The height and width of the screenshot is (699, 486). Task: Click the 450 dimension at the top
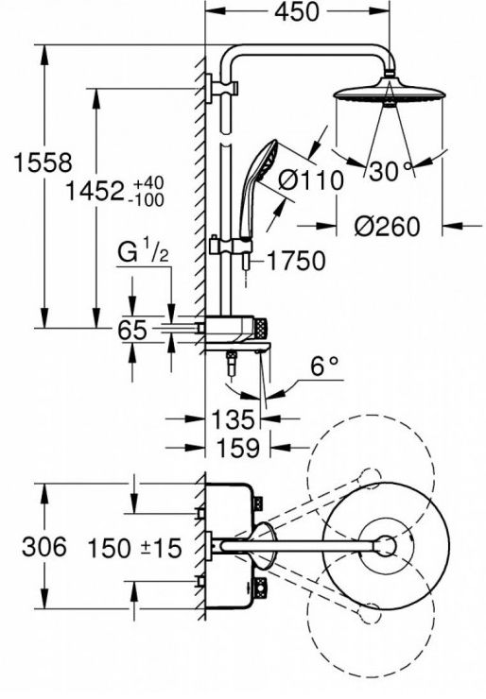[296, 12]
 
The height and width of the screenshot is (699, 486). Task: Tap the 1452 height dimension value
[95, 192]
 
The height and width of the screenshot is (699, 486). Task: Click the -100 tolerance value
[146, 200]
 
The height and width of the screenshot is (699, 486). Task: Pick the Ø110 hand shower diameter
[311, 180]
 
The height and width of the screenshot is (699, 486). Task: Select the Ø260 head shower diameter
[388, 227]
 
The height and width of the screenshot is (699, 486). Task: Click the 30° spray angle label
[389, 171]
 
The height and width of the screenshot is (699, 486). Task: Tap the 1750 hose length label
[296, 261]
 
